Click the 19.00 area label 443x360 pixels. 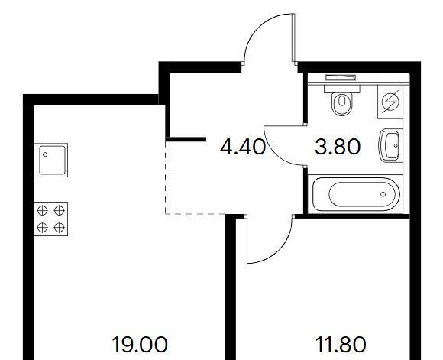(x=140, y=345)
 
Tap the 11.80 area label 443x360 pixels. (x=341, y=345)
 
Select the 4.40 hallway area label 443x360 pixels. (x=243, y=147)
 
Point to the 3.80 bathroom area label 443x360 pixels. (x=338, y=147)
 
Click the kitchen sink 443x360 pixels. (x=51, y=160)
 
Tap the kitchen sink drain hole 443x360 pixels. (x=45, y=154)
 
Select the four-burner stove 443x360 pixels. (x=51, y=219)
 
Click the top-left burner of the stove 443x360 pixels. (x=42, y=210)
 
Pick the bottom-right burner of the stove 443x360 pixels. (x=60, y=227)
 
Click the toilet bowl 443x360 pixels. (x=342, y=103)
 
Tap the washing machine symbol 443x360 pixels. (x=390, y=102)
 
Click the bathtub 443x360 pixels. (x=355, y=194)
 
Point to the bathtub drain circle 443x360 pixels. (x=383, y=194)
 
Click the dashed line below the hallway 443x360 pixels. (x=195, y=214)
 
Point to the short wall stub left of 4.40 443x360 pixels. (x=186, y=139)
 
